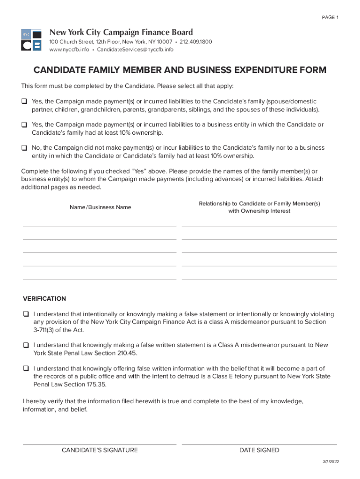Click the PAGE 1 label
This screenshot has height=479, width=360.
point(330,18)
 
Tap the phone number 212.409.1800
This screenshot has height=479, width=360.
point(196,42)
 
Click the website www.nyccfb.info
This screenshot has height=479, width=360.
point(69,50)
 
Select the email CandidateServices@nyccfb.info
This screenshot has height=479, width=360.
point(135,50)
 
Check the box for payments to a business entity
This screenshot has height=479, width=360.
point(24,125)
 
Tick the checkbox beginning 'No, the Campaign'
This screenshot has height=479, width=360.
point(24,148)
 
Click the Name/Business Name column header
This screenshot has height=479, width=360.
point(101,207)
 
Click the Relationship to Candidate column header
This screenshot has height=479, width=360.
point(259,207)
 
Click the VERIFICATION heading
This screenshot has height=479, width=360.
point(44,298)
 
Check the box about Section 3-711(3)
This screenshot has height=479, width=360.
point(26,314)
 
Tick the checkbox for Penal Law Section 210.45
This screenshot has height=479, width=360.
point(26,345)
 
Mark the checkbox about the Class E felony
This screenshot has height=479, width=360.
point(26,369)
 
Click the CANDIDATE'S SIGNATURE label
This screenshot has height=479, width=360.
point(100,450)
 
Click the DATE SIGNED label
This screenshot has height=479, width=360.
point(259,450)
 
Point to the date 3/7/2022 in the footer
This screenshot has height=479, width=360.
point(331,462)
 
